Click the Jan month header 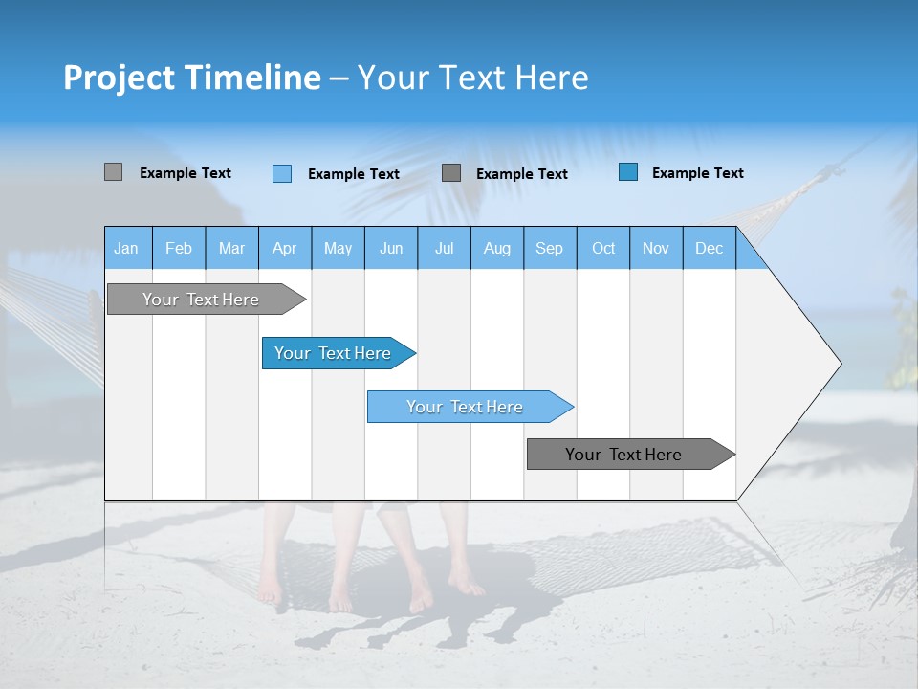pos(126,248)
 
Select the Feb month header pos(179,248)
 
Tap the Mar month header pos(231,248)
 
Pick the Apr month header pos(285,248)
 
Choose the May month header pos(338,248)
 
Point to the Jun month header pos(391,248)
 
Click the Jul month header pos(444,248)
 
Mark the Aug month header pos(497,248)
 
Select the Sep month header pos(550,248)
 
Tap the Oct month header pos(603,248)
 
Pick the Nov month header pos(656,248)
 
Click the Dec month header pos(710,248)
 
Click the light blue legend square pos(282,173)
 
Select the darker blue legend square pos(628,172)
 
